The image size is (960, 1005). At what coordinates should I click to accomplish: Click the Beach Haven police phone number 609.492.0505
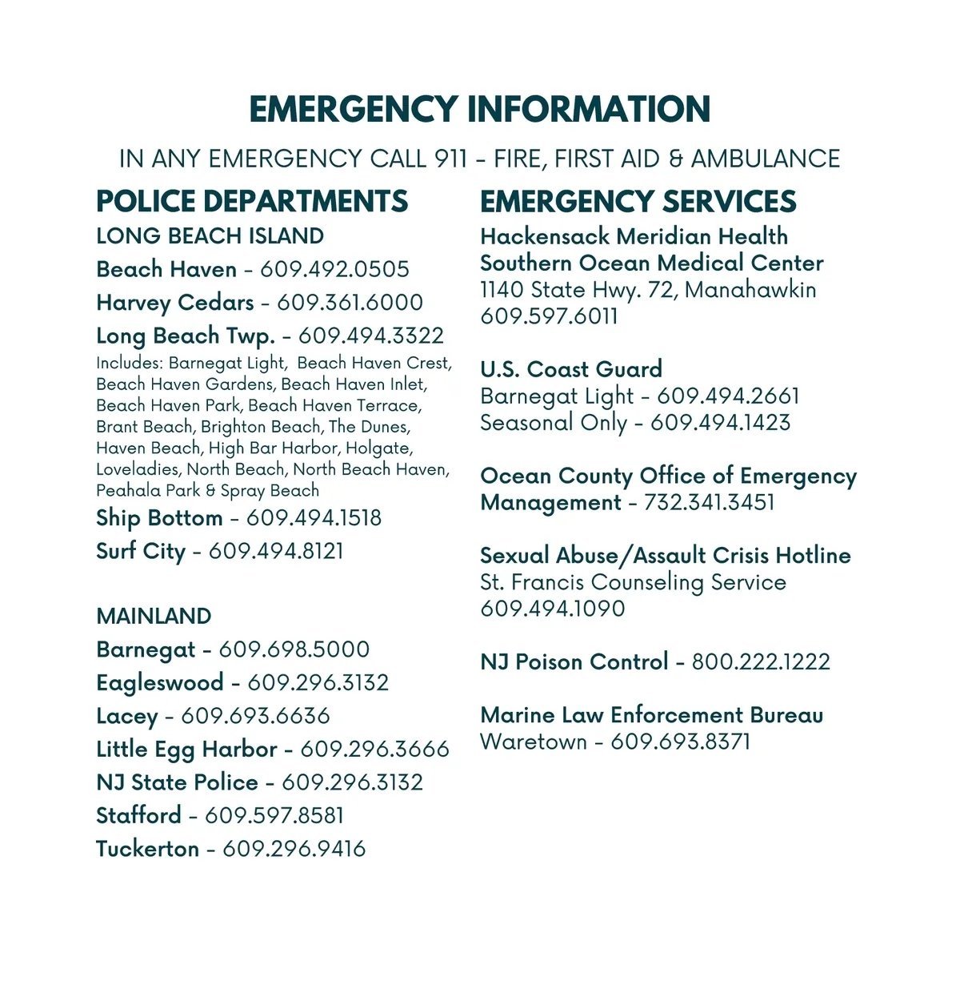click(334, 269)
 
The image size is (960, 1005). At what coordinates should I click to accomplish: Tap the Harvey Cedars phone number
click(350, 303)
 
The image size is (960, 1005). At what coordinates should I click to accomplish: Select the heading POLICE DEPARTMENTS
click(252, 201)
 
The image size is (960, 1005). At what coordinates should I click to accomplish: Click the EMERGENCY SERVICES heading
click(638, 201)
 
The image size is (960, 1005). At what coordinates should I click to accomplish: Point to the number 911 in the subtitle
click(451, 159)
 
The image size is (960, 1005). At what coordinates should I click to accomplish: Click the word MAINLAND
click(154, 616)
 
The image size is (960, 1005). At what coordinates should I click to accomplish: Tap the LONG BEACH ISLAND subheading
click(210, 236)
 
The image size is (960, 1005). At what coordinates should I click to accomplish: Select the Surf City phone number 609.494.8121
click(276, 551)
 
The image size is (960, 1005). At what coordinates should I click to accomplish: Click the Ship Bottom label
click(159, 518)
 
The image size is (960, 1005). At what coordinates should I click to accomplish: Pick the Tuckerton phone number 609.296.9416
click(294, 849)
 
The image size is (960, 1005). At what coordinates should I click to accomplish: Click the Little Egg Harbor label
click(186, 750)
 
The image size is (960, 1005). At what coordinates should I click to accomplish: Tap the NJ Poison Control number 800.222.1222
click(761, 661)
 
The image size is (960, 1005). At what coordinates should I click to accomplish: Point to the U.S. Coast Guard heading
click(571, 369)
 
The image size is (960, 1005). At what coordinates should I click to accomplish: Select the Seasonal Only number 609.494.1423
click(720, 422)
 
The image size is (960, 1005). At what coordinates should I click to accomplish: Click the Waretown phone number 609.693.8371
click(681, 742)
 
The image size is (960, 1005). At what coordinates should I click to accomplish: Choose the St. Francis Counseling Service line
click(633, 582)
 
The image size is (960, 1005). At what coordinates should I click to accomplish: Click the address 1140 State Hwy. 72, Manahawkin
click(648, 290)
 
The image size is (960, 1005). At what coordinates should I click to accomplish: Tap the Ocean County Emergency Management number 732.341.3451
click(709, 502)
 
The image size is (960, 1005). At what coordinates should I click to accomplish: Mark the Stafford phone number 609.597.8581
click(274, 815)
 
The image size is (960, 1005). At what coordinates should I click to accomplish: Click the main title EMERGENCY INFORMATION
click(480, 110)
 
